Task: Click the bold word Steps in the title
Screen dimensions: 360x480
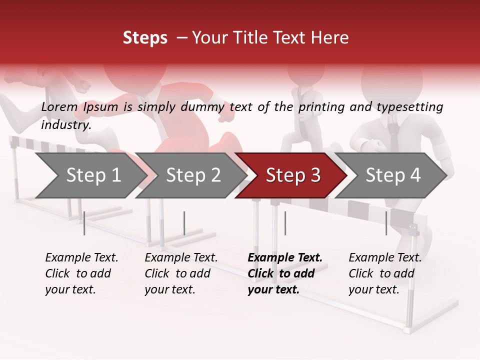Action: pos(145,38)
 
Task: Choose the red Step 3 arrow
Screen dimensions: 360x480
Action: pos(293,175)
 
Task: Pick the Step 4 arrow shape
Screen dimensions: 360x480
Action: pos(393,175)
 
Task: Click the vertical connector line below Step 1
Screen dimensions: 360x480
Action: pos(84,223)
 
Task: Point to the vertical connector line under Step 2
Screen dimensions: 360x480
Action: pos(184,223)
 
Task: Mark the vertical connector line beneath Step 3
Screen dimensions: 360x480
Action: pos(285,223)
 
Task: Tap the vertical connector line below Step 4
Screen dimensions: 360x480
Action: pos(386,223)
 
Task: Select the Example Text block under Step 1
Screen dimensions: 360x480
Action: pos(81,273)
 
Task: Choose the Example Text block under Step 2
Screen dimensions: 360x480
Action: pos(181,273)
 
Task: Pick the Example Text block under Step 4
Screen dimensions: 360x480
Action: pos(385,273)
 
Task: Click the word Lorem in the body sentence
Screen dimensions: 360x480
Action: pos(59,107)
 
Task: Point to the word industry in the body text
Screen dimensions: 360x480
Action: pos(66,125)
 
